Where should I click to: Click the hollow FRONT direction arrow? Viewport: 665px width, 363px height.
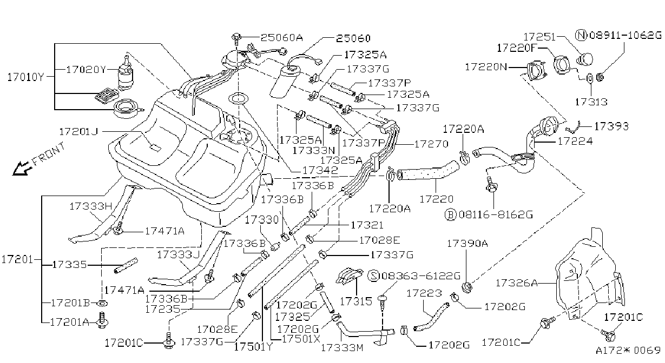(x=22, y=169)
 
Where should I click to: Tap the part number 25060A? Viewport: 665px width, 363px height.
(x=282, y=38)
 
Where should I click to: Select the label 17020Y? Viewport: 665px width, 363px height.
(x=86, y=70)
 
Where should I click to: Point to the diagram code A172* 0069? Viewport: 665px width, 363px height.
(x=628, y=351)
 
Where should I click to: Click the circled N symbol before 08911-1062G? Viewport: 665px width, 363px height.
(x=581, y=35)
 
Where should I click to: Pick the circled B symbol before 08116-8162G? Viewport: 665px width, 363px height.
(x=450, y=214)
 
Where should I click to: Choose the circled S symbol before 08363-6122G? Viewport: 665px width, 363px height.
(x=373, y=275)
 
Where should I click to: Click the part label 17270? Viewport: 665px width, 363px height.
(x=431, y=144)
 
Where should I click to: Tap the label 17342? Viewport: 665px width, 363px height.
(x=320, y=170)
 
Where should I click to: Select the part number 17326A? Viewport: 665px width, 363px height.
(x=517, y=283)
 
